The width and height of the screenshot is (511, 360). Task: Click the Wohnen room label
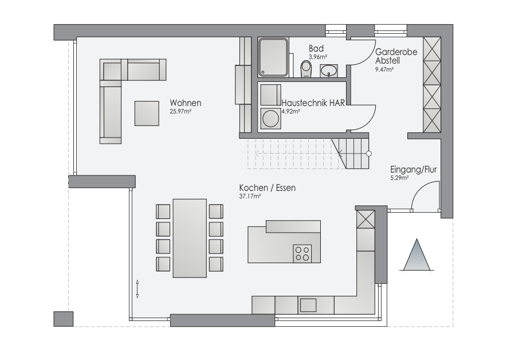186,103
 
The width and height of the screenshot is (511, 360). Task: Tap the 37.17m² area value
250,196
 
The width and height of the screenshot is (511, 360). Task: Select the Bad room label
316,49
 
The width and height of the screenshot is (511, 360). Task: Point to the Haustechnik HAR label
313,103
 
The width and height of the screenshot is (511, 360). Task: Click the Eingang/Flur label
414,170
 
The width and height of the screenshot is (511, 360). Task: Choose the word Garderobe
396,52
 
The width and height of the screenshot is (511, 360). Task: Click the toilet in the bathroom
306,69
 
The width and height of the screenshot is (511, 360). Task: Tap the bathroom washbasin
329,71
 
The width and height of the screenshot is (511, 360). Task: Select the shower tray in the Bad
273,57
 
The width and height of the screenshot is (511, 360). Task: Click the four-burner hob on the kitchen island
302,253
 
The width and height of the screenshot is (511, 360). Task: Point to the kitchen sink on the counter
308,305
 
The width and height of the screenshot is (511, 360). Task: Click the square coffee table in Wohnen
147,113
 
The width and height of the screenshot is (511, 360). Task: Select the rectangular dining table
190,238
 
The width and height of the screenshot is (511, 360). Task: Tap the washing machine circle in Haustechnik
270,118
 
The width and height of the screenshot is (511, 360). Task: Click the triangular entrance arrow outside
417,255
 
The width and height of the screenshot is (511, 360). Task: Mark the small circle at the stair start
368,154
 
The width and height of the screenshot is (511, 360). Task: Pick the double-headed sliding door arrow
137,289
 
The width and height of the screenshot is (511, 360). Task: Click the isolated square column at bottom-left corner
64,319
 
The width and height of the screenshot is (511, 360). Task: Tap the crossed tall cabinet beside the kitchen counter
365,219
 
